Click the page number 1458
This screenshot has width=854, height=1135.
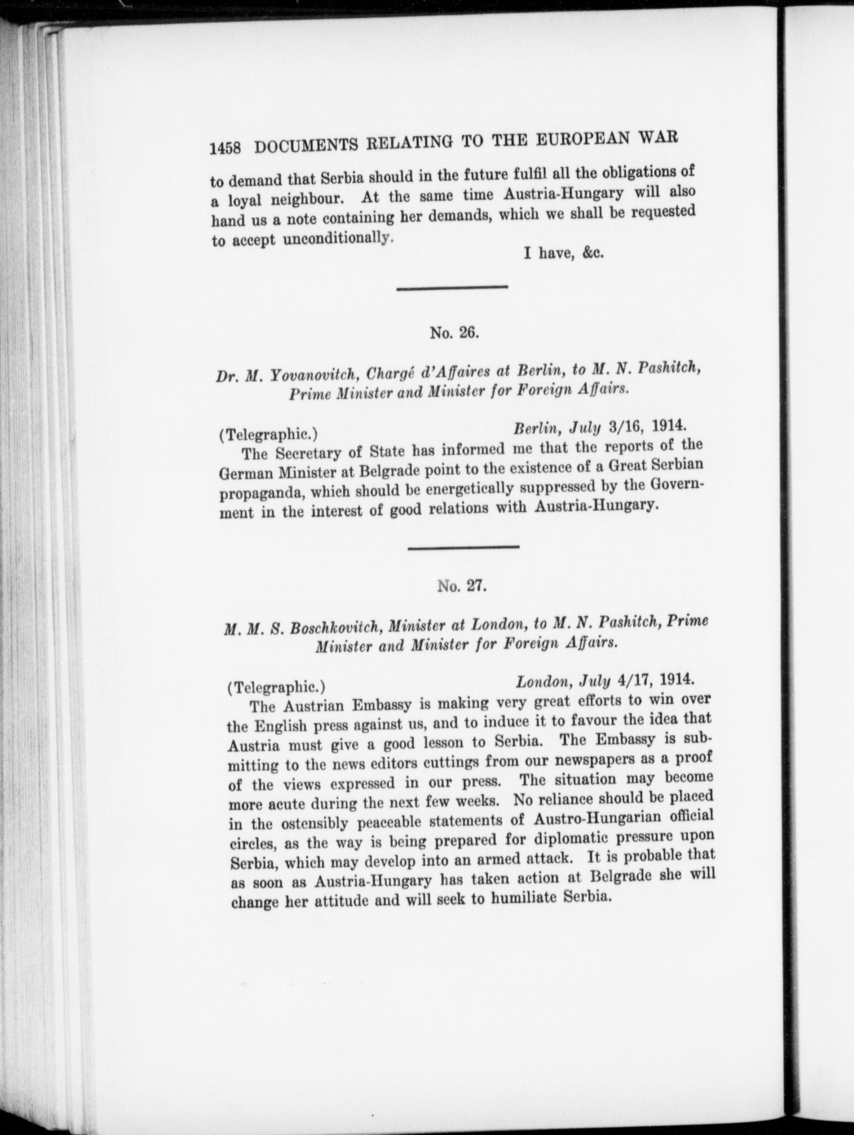tap(226, 149)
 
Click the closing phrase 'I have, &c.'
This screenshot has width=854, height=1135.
tap(564, 254)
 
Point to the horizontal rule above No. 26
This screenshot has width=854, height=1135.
tap(452, 286)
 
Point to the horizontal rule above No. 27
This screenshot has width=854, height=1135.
tap(463, 547)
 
